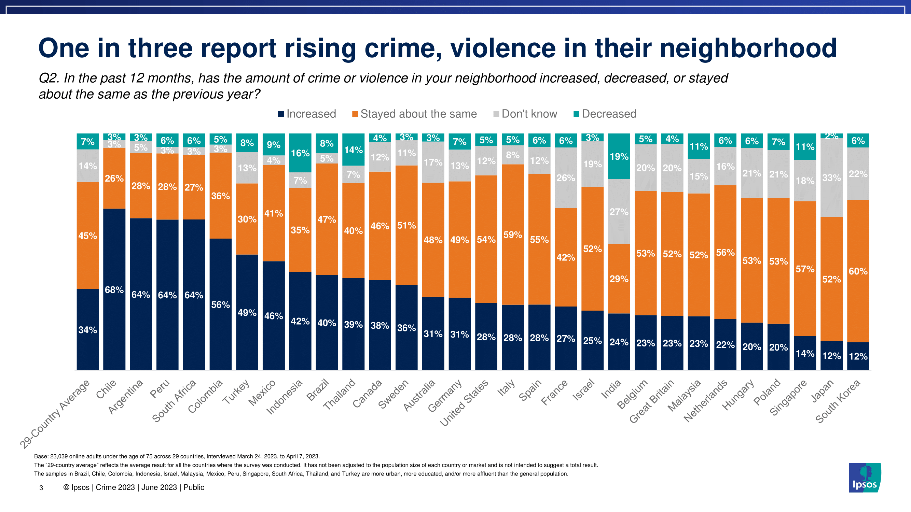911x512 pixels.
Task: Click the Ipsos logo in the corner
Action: point(864,478)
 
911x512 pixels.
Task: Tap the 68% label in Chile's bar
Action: point(114,290)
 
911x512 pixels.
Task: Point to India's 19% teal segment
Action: point(619,157)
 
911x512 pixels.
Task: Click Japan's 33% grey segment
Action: point(831,178)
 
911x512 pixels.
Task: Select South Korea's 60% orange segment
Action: point(858,271)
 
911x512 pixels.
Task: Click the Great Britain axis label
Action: point(652,401)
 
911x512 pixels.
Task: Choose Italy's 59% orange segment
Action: point(512,234)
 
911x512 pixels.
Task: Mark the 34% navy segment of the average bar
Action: point(88,330)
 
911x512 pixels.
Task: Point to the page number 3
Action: point(41,488)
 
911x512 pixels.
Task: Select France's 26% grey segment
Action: point(566,178)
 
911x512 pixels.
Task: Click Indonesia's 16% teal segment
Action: point(300,153)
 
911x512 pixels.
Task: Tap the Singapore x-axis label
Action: point(788,398)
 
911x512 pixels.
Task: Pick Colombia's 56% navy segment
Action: point(220,304)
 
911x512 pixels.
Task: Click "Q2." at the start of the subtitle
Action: point(49,78)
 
